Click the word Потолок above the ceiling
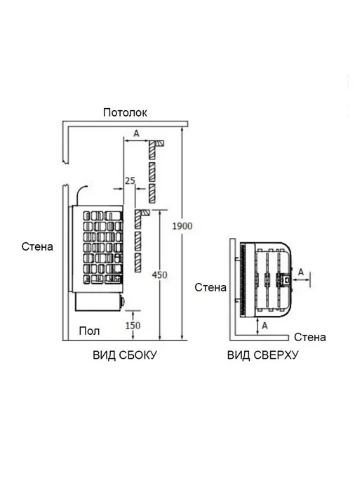(125, 112)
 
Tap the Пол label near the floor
(89, 331)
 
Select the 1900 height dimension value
(182, 226)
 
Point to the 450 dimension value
(159, 274)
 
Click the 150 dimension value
(133, 325)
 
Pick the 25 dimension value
(130, 180)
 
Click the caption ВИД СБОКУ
(125, 355)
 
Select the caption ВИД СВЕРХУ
(263, 355)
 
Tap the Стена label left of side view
(37, 246)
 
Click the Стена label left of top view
(210, 287)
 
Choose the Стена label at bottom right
(310, 337)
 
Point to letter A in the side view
(136, 133)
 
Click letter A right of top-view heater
(301, 272)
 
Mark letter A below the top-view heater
(264, 325)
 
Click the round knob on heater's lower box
(123, 300)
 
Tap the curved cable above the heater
(81, 193)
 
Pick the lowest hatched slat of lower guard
(138, 263)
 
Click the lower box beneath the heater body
(98, 302)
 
